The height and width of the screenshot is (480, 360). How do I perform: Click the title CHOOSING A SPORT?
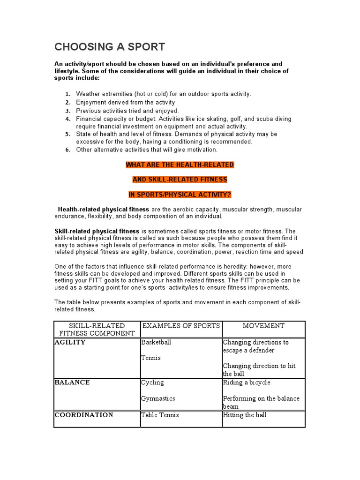[x=110, y=47]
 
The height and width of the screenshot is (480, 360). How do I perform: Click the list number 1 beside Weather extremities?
[x=67, y=94]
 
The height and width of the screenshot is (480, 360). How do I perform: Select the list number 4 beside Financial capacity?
[x=67, y=119]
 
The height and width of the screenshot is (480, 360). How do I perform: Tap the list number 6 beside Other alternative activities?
[x=67, y=150]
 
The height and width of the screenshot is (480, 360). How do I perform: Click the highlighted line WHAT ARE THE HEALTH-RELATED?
[x=180, y=165]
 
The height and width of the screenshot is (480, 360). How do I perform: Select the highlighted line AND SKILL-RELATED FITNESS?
[x=180, y=179]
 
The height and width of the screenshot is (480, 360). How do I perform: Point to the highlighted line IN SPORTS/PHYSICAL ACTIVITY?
[x=180, y=194]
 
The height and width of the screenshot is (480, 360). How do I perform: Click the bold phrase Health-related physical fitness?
[x=103, y=209]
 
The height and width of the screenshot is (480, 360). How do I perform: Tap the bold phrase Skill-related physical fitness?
[x=97, y=231]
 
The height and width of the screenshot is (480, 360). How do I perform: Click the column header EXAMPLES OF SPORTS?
[x=181, y=326]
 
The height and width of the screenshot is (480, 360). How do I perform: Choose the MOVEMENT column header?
[x=263, y=326]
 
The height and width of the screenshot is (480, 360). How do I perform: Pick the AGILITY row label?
[x=70, y=342]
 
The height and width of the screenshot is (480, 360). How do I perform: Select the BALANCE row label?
[x=72, y=382]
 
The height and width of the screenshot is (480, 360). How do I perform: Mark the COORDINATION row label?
[x=84, y=415]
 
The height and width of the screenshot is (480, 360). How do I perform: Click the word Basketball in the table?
[x=156, y=342]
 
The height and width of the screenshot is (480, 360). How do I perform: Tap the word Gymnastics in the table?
[x=158, y=398]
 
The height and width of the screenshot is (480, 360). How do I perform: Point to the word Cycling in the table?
[x=152, y=382]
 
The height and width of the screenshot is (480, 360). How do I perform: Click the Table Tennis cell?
[x=160, y=415]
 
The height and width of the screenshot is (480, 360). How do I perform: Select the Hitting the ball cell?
[x=245, y=415]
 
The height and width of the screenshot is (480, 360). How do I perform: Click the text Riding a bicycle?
[x=247, y=382]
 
